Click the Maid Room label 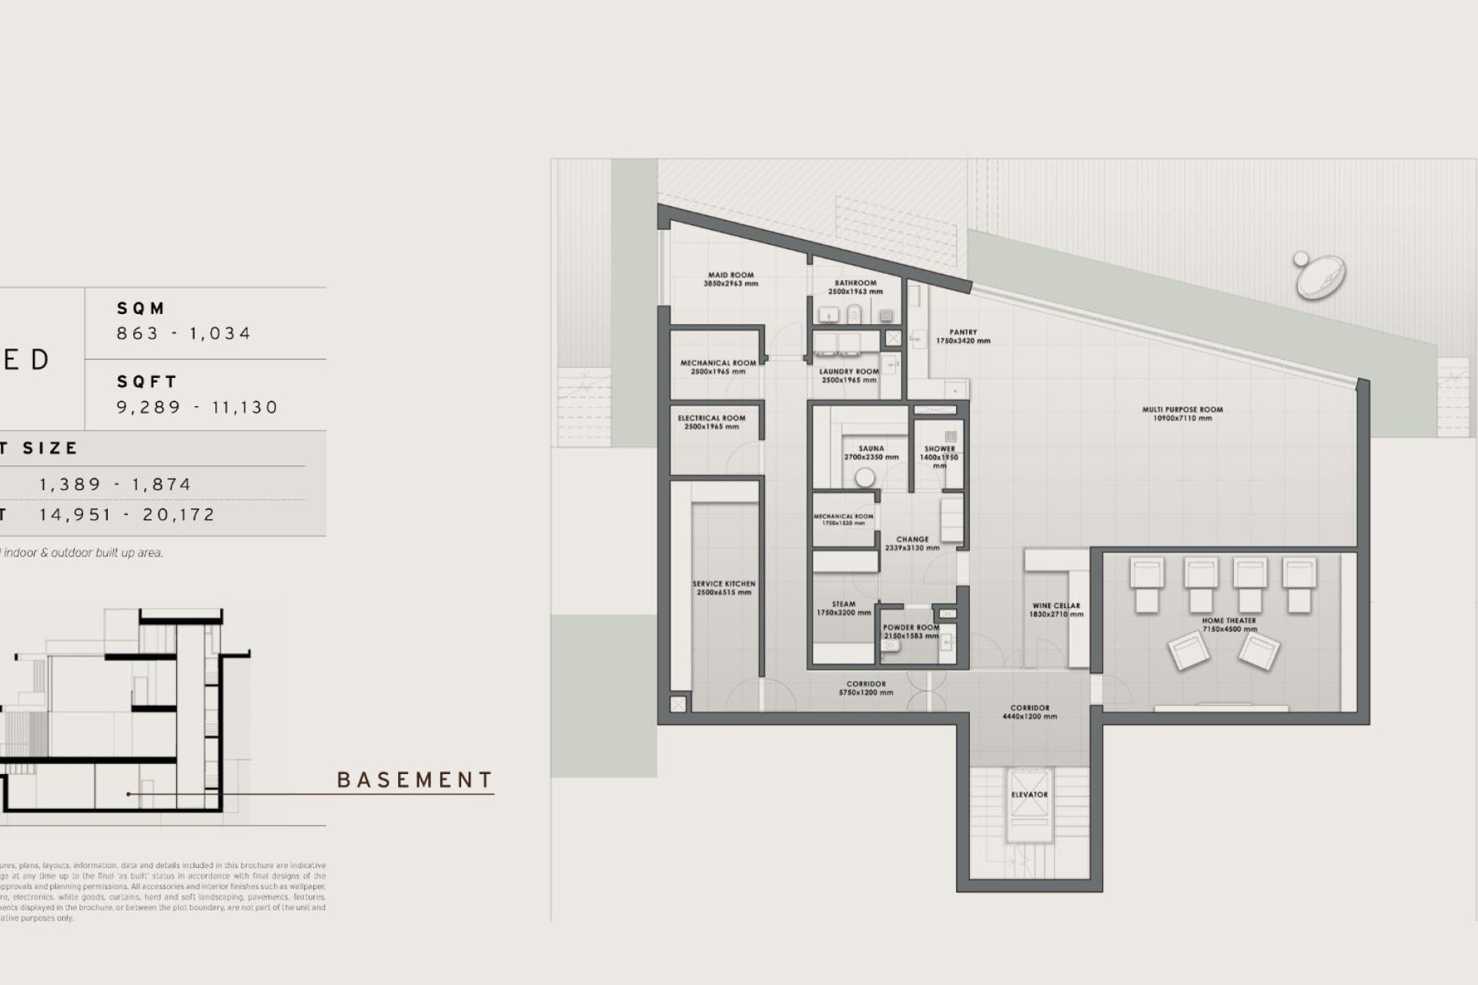[x=731, y=279]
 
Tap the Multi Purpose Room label [x=1182, y=414]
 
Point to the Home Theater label [x=1229, y=624]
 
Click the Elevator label [x=1029, y=794]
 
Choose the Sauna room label [x=871, y=452]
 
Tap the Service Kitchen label [x=724, y=588]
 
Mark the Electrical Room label [x=711, y=422]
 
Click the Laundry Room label [x=848, y=376]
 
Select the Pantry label [x=963, y=336]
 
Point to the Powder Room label [x=911, y=632]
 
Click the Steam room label [x=844, y=609]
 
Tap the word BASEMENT [x=415, y=780]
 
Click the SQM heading [x=141, y=309]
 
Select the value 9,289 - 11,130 [x=197, y=407]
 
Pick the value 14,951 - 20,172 [x=127, y=515]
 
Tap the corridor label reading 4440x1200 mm [x=1029, y=712]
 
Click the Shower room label [x=939, y=452]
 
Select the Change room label [x=912, y=543]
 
